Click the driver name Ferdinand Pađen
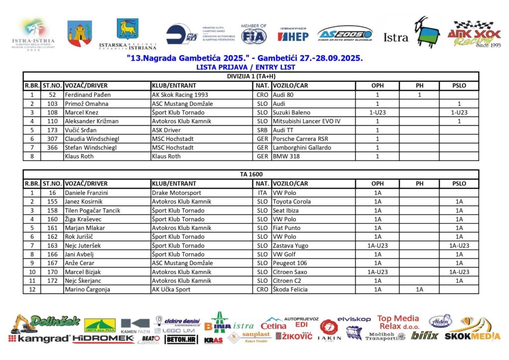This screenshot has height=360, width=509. click(x=88, y=94)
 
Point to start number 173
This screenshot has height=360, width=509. click(x=52, y=130)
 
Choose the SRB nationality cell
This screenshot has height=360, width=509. click(x=262, y=130)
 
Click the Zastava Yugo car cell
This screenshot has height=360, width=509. click(x=290, y=246)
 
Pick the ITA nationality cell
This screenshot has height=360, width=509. click(x=262, y=192)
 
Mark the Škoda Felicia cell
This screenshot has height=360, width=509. click(x=291, y=290)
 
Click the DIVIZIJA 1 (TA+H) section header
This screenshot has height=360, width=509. click(x=251, y=76)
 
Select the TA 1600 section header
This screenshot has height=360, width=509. click(x=251, y=175)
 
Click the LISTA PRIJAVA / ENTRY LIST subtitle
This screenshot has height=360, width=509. click(x=246, y=67)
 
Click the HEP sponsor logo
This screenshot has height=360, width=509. click(x=293, y=36)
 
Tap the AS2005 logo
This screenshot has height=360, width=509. click(x=344, y=34)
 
